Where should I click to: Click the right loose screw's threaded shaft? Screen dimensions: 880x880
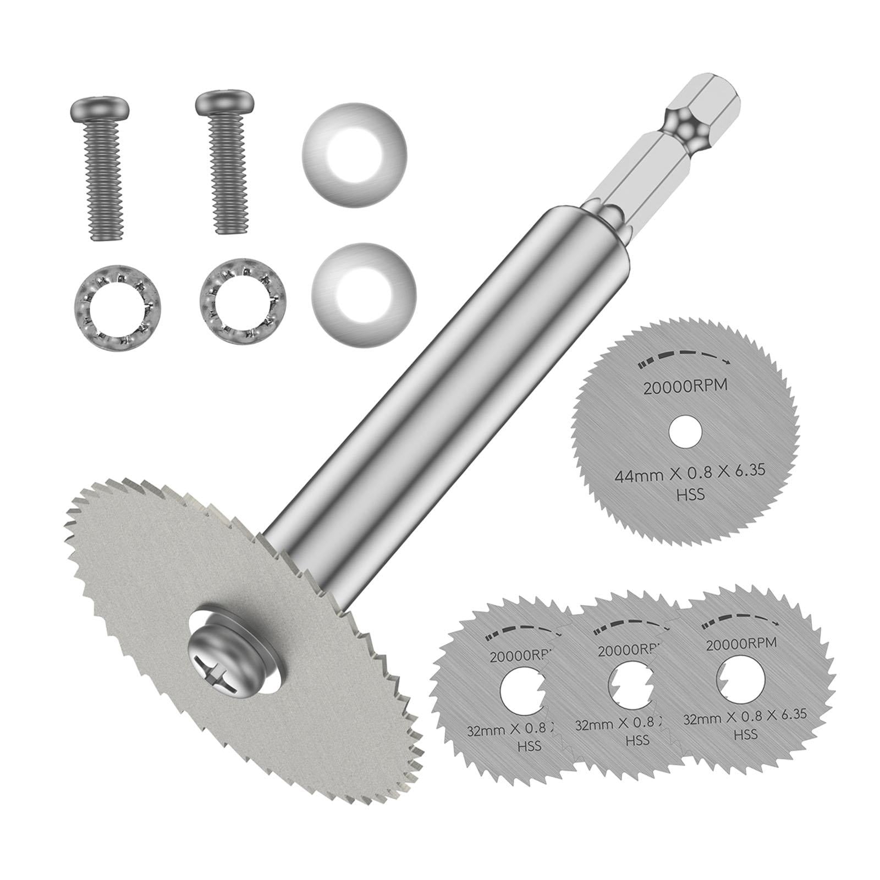tap(226, 182)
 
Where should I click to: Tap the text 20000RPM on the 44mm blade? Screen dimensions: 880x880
tap(685, 386)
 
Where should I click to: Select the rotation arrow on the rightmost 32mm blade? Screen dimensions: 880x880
tap(743, 620)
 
